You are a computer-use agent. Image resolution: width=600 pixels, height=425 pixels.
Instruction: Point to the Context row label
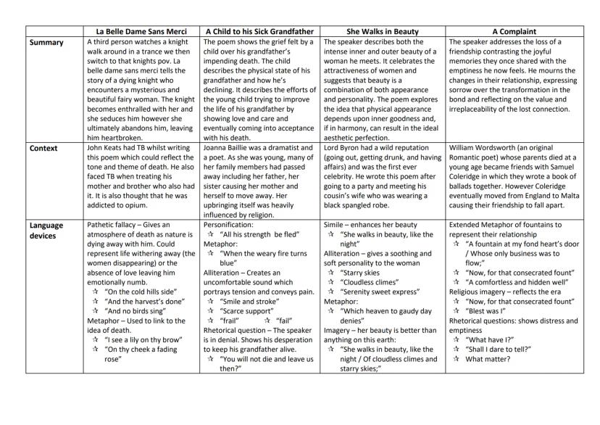(x=46, y=147)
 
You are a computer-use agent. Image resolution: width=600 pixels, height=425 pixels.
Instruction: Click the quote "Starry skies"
(x=365, y=273)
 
